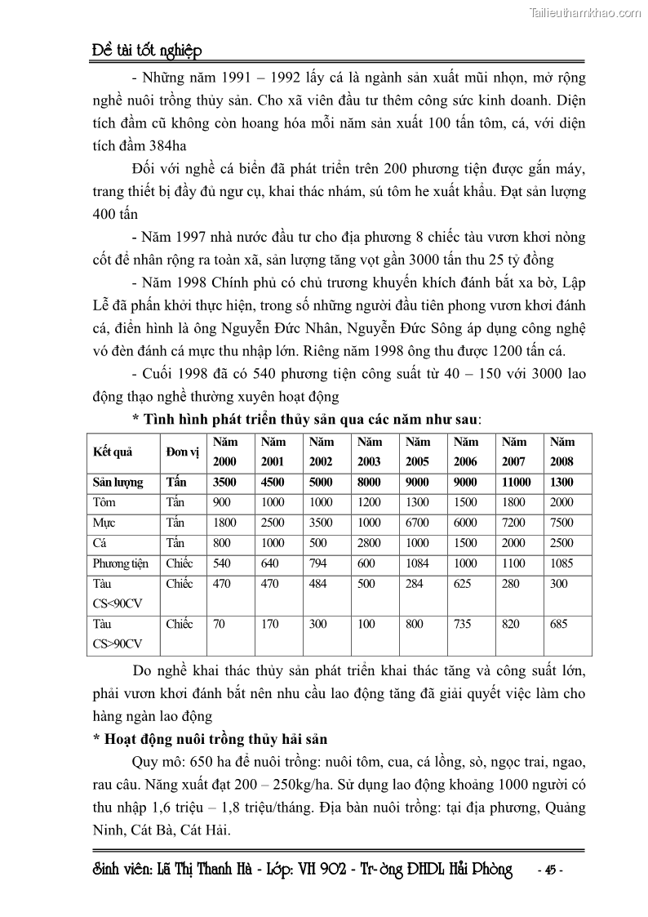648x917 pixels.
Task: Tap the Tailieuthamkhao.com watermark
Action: tap(585, 11)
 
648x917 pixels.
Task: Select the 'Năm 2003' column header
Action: tap(369, 452)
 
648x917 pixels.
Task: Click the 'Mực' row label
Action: tap(104, 523)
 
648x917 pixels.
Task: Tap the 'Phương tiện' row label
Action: tap(121, 563)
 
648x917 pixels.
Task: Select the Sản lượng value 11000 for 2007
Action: tap(516, 483)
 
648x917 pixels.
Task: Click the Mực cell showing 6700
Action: tap(418, 523)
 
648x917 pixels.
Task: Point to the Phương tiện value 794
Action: tap(321, 563)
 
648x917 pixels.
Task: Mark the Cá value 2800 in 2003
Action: tap(369, 543)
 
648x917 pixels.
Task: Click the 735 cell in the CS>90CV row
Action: tap(465, 625)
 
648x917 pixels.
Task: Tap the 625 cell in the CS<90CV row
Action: tap(465, 584)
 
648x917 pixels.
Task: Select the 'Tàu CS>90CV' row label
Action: tap(118, 634)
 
